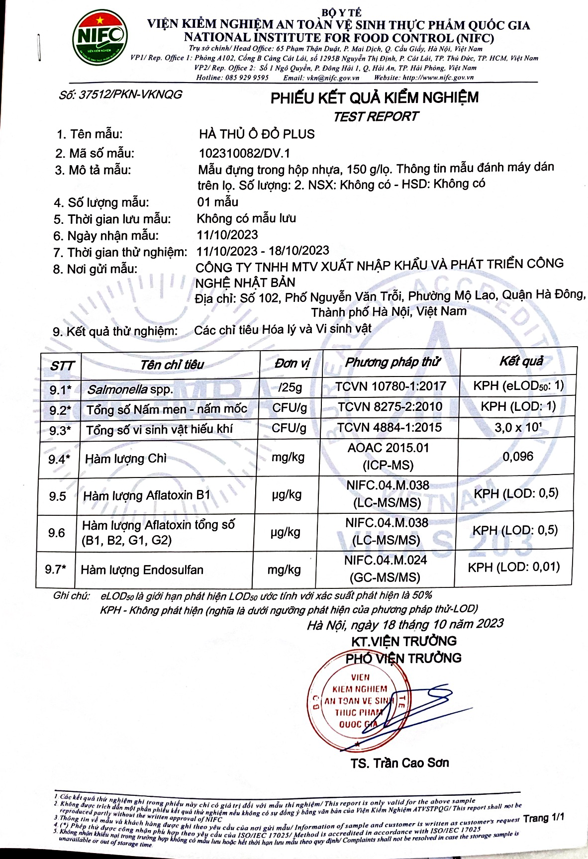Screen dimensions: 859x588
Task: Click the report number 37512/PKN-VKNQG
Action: [120, 95]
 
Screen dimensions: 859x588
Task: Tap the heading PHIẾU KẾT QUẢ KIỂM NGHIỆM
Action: [374, 97]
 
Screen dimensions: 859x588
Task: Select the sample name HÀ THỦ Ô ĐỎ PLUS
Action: [257, 134]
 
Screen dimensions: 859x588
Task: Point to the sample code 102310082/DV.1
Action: [244, 153]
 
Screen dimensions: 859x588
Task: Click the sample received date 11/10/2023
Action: [227, 235]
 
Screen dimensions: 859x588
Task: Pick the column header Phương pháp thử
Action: [392, 362]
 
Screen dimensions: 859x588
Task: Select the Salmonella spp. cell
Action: [129, 389]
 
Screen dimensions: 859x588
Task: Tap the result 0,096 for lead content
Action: [517, 456]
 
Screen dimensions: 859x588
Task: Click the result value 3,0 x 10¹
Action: [518, 427]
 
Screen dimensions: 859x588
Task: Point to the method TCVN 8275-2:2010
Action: [390, 407]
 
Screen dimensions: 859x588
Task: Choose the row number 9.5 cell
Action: [58, 496]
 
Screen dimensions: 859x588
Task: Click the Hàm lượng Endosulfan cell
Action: [142, 570]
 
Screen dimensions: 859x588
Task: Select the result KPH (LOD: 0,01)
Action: [513, 567]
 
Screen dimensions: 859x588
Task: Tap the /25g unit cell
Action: [290, 387]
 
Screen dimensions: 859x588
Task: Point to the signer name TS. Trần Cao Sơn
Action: [399, 763]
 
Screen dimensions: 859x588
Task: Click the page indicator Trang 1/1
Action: [544, 817]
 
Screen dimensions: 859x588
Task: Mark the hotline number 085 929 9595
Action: [247, 78]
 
